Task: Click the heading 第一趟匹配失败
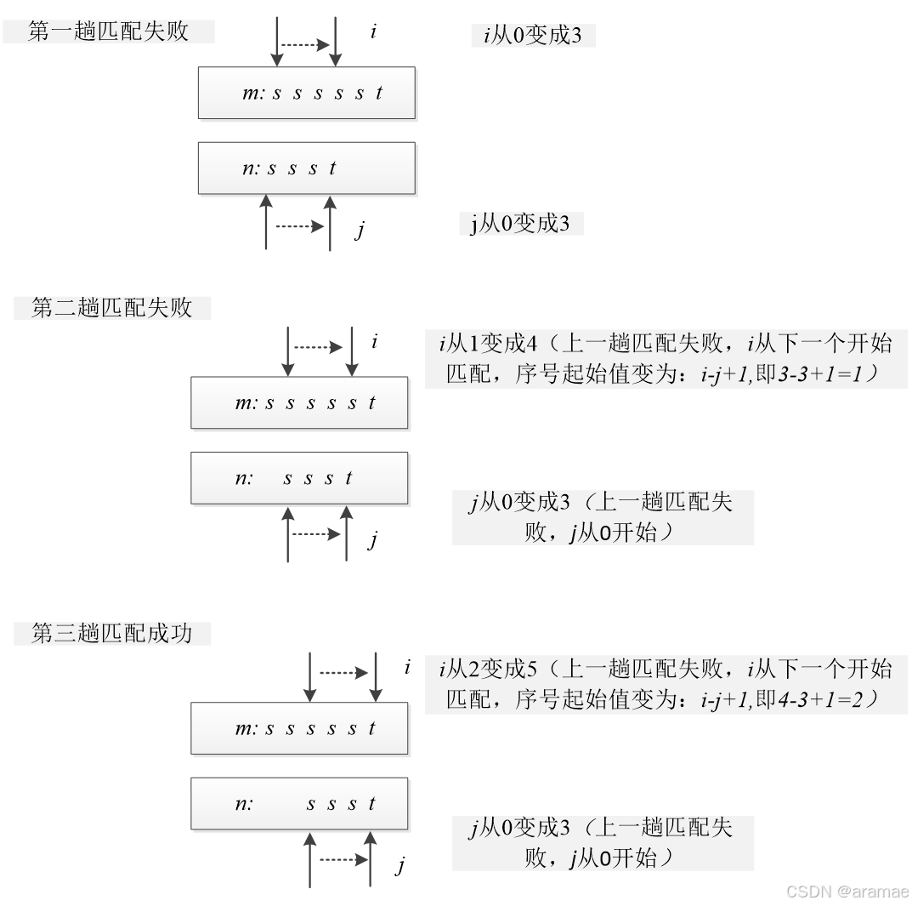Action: point(108,32)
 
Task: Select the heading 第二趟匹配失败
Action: point(112,307)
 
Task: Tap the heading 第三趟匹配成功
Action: point(112,634)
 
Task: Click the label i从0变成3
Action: point(533,36)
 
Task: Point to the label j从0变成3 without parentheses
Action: point(520,224)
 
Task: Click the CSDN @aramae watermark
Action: point(846,891)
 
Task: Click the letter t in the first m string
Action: point(379,94)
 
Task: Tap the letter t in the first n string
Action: point(332,168)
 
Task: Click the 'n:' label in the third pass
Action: point(244,804)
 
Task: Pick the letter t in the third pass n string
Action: point(372,804)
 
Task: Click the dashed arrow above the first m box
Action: point(305,44)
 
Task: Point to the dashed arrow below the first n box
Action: point(299,226)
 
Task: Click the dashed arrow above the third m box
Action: point(343,673)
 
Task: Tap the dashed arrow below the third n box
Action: point(343,860)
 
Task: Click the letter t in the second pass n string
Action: point(348,479)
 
